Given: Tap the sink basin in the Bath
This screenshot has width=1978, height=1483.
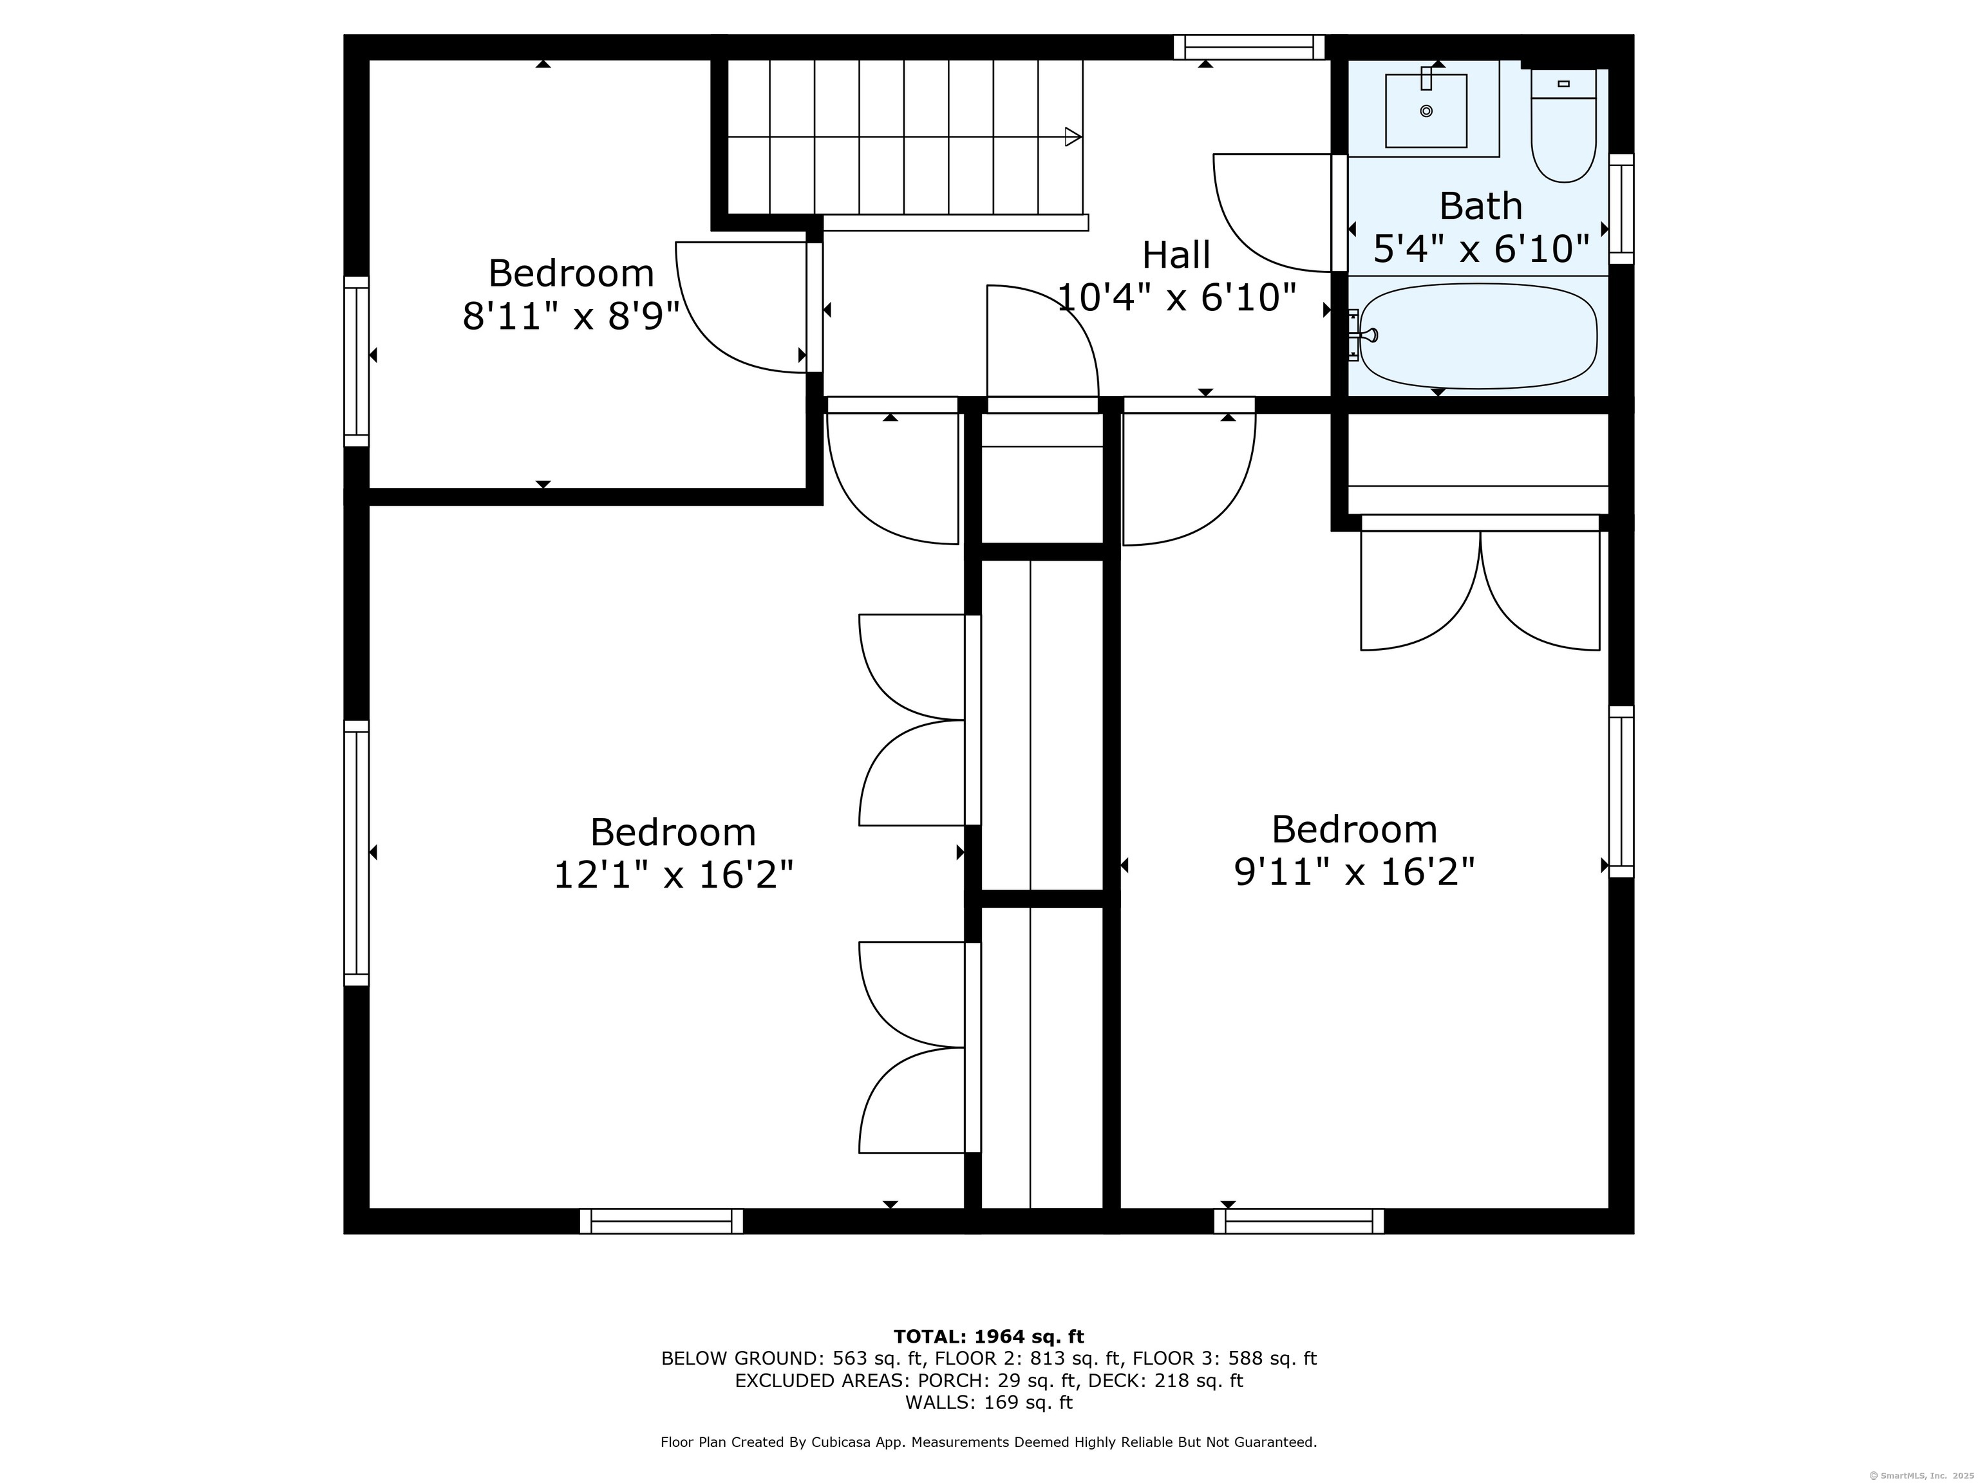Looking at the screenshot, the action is click(1426, 111).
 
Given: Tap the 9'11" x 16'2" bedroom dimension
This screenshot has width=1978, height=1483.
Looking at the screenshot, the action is click(1354, 872).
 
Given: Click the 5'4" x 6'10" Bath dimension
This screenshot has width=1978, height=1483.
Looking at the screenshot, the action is click(1481, 249).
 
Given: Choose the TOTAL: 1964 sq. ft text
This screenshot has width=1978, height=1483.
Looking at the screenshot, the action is click(988, 1336).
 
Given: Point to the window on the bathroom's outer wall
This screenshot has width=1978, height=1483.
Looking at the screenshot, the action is click(1621, 209).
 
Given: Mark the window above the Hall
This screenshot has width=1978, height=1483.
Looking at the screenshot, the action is click(1249, 46).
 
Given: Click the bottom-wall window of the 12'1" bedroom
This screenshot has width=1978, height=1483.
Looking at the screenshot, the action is click(662, 1221).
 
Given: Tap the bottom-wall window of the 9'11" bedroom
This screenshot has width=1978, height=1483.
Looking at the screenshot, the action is click(1299, 1221).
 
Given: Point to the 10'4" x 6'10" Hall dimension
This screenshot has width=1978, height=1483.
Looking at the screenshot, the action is click(1177, 297).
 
